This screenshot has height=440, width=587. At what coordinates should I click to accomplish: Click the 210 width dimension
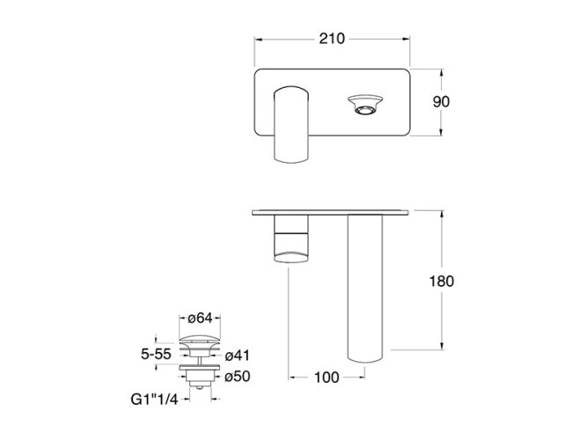click(332, 39)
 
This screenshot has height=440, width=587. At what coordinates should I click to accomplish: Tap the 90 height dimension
click(441, 101)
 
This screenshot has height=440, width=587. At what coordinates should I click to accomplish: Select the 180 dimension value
click(442, 281)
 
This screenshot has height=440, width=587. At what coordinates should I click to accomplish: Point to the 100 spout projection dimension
click(327, 378)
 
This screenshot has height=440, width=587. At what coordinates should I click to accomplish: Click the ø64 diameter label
click(200, 319)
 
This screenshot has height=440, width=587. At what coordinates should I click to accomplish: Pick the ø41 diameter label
click(238, 356)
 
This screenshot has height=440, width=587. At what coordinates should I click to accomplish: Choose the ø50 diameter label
click(238, 377)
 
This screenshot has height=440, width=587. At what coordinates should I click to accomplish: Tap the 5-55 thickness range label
click(156, 354)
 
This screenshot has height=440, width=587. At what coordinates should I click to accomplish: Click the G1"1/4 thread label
click(154, 400)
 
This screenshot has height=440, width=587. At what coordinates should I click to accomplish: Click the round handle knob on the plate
click(365, 105)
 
